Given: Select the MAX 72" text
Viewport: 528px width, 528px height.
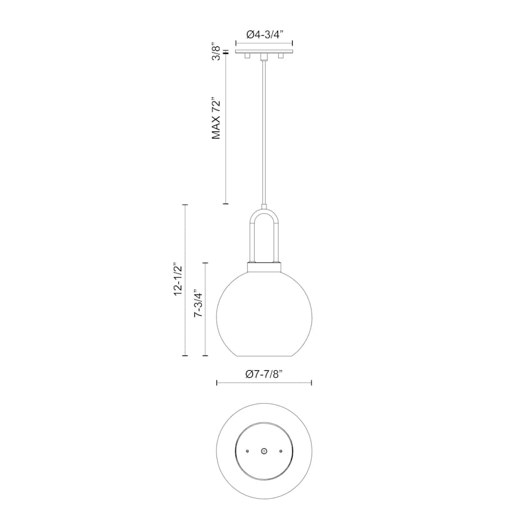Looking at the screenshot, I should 216,118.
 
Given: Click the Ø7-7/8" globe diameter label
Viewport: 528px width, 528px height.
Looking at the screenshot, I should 264,374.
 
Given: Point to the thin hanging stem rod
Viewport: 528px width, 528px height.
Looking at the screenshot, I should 264,129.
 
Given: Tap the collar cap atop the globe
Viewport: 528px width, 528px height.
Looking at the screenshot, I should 264,267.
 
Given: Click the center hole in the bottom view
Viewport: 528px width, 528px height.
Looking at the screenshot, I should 264,451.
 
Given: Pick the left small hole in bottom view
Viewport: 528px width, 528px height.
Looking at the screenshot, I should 248,451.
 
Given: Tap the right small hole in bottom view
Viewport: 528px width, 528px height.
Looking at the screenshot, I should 281,451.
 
